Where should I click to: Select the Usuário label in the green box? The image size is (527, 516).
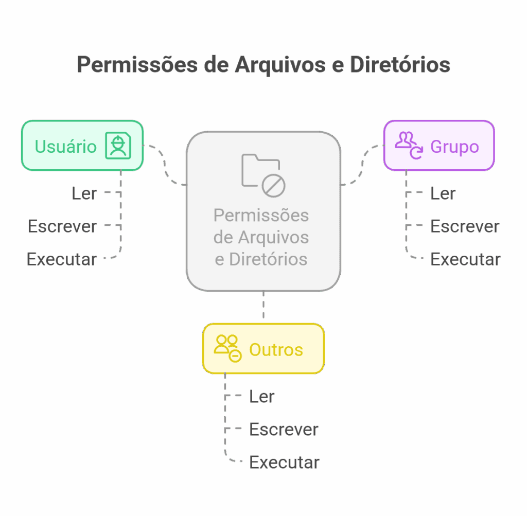(65, 147)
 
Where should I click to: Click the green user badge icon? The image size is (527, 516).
(118, 146)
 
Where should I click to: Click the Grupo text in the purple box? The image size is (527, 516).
(454, 147)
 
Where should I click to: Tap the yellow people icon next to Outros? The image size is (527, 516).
(227, 348)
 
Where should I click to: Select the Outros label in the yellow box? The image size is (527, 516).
(276, 350)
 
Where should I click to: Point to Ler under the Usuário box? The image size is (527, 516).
(84, 193)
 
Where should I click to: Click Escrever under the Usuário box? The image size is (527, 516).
(62, 226)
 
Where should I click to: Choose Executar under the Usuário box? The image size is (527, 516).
(62, 259)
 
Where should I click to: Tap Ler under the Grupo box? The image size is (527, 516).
(443, 193)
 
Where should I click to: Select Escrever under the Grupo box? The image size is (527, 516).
(465, 226)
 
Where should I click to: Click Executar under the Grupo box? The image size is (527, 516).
(465, 259)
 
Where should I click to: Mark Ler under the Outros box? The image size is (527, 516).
(262, 396)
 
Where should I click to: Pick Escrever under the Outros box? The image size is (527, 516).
(284, 429)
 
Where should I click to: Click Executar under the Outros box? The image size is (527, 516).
(284, 462)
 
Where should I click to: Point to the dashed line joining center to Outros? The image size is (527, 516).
(263, 307)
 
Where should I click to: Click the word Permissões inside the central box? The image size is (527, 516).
(261, 215)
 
